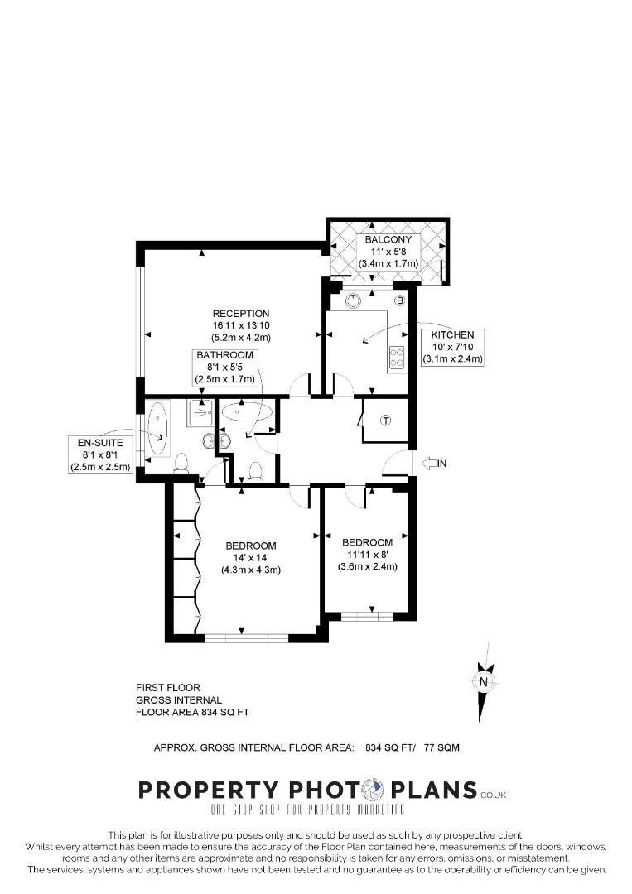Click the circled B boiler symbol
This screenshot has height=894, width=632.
pyautogui.click(x=399, y=300)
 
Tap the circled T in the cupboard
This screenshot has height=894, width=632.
pyautogui.click(x=385, y=421)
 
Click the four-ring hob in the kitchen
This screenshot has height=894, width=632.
pyautogui.click(x=397, y=356)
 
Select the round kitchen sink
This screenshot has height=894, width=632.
pyautogui.click(x=354, y=300)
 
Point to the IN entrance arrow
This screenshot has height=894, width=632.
pyautogui.click(x=433, y=464)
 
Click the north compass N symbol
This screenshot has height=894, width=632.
pyautogui.click(x=482, y=681)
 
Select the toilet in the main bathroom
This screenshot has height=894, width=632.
pyautogui.click(x=256, y=472)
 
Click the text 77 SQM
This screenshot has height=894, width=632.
pyautogui.click(x=441, y=747)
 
